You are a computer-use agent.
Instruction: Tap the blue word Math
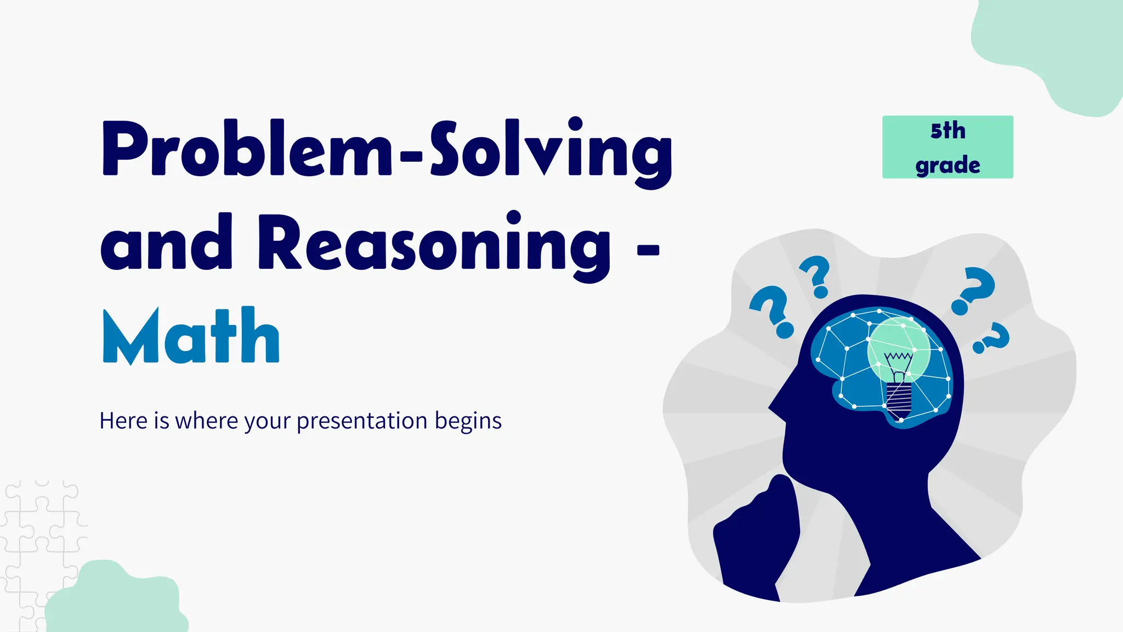coord(191,336)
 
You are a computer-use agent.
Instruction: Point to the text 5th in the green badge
coord(948,131)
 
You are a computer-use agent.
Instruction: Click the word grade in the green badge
coord(948,165)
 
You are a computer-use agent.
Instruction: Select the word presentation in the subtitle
coord(362,421)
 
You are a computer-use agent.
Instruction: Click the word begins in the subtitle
coord(468,421)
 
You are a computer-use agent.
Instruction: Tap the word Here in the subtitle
coord(123,421)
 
